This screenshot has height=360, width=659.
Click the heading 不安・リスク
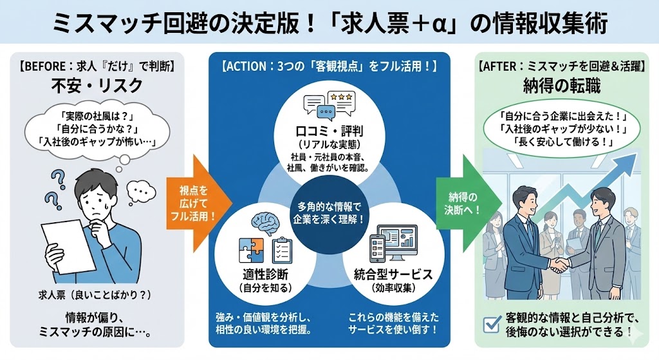[97, 85]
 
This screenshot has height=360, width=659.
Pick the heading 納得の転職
[564, 86]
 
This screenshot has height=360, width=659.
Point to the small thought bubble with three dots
[140, 190]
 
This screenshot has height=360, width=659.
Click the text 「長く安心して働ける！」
[564, 142]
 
